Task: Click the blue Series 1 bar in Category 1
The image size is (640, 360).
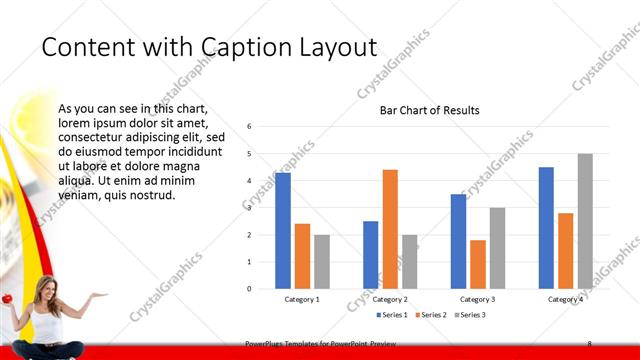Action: pos(283,231)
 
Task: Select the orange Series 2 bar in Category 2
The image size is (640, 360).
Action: pos(390,229)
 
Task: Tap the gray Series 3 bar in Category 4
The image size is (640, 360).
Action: pos(585,221)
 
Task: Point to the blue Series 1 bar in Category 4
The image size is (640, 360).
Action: pos(546,228)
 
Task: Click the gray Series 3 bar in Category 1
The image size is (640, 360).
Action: pos(322,262)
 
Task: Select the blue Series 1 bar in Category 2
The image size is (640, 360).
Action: pos(370,255)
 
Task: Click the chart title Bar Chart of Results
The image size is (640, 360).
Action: pos(430,110)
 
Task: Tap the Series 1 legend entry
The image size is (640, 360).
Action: pos(391,315)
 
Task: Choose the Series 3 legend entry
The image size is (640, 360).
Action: pos(471,315)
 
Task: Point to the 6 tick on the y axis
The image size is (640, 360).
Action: pos(249,127)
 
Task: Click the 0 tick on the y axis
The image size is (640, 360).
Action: pos(249,289)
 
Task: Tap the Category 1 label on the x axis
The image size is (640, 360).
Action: pos(302,299)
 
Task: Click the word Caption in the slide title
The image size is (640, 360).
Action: pos(248,47)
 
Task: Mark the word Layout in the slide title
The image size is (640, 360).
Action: pos(335,47)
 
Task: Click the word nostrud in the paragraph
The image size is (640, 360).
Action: pos(153,195)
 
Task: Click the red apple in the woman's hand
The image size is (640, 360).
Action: pos(5,298)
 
